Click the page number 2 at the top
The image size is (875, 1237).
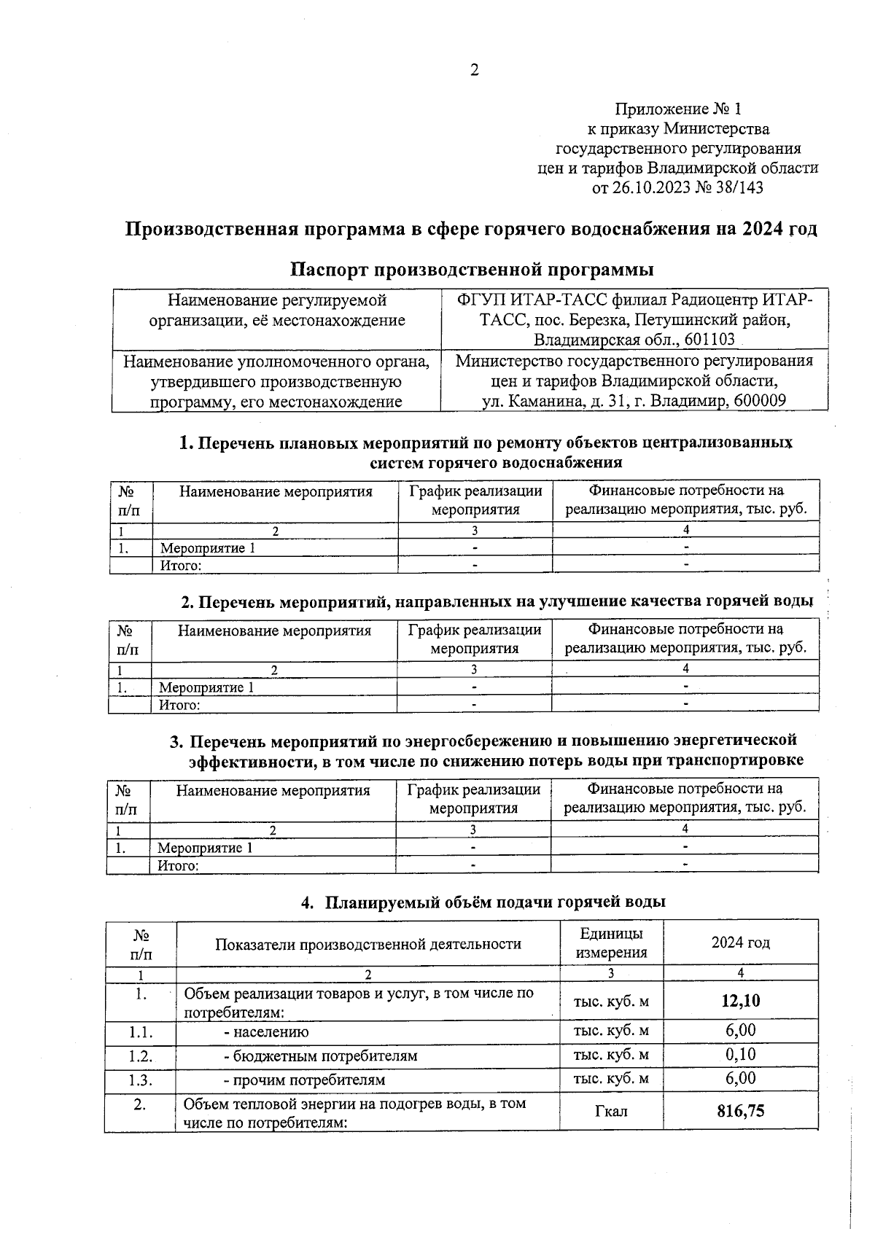coord(475,71)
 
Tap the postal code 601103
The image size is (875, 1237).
coord(709,340)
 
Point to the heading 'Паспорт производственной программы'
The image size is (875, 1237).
coord(472,269)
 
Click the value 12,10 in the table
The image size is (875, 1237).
coord(740,1001)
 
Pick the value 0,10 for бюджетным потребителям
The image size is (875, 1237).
coord(740,1054)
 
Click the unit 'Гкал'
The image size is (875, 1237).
coord(611,1111)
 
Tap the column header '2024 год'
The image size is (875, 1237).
coord(740,943)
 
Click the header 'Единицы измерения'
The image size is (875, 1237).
coord(611,943)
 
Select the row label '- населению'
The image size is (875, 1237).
coord(266,1031)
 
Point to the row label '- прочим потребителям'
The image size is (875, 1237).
coord(304,1080)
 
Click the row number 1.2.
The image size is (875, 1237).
coord(141,1055)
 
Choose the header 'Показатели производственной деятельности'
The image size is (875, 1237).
coord(367,944)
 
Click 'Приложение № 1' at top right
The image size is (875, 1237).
coord(677,109)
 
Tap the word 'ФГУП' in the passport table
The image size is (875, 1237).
coord(478,300)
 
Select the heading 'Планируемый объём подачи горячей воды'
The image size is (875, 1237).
coord(495,902)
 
